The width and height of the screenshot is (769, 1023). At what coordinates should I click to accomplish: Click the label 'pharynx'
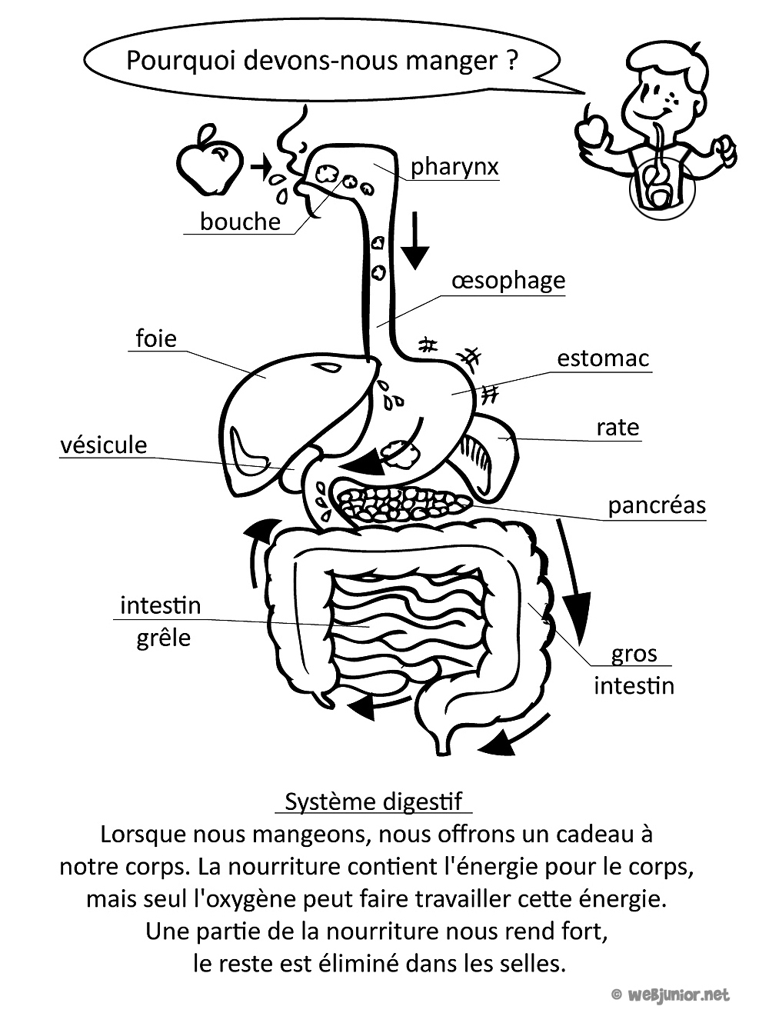tap(454, 167)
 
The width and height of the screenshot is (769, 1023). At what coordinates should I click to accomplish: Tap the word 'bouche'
tap(240, 222)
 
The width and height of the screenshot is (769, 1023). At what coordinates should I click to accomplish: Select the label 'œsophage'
tap(508, 281)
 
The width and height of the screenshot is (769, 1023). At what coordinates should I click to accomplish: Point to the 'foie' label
tap(156, 338)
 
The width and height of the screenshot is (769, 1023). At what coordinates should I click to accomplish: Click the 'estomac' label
tap(603, 358)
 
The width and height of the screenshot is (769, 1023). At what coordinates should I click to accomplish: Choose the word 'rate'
tap(618, 427)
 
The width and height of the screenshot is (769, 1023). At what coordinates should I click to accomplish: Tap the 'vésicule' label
tap(104, 445)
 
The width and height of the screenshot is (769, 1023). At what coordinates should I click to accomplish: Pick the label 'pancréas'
tap(657, 505)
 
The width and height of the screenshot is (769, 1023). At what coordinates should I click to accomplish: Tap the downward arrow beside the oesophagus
tap(414, 240)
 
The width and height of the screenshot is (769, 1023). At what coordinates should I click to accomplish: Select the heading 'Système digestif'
tap(374, 801)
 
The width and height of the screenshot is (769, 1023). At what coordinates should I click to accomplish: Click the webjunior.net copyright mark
tap(671, 995)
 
